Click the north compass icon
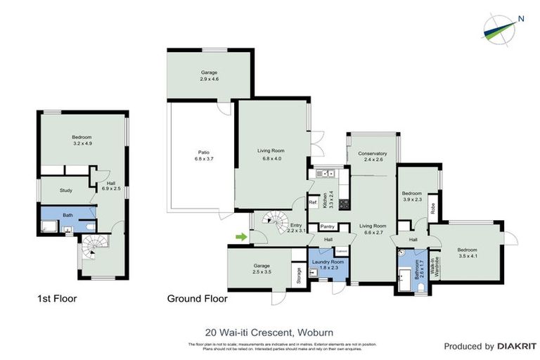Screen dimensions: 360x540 501,26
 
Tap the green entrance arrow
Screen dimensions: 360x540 242,237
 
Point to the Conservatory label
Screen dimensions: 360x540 372,157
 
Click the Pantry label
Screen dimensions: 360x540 327,226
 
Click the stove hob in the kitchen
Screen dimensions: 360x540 344,205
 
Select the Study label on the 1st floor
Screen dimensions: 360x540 66,190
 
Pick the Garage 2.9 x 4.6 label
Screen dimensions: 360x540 209,75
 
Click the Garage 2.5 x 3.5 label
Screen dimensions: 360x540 262,268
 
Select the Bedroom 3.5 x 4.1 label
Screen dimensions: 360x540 468,253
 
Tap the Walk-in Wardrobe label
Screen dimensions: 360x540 436,266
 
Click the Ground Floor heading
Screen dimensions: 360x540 197,299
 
